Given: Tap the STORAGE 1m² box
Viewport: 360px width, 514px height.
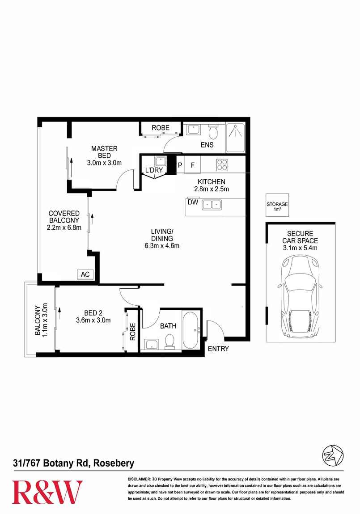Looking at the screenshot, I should pyautogui.click(x=277, y=206).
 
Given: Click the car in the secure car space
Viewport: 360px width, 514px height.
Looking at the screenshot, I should pyautogui.click(x=300, y=297).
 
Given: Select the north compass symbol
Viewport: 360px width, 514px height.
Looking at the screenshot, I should pyautogui.click(x=332, y=455).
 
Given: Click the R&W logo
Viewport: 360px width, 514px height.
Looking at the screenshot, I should pyautogui.click(x=47, y=492).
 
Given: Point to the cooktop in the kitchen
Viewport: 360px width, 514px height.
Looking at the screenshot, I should pyautogui.click(x=222, y=164).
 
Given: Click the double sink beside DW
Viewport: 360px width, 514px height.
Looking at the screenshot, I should pyautogui.click(x=211, y=205).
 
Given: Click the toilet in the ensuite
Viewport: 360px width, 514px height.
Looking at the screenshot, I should pyautogui.click(x=213, y=132).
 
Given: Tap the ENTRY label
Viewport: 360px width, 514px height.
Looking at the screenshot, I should pyautogui.click(x=218, y=349).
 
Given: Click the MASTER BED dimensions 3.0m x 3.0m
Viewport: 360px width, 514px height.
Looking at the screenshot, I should pyautogui.click(x=104, y=163).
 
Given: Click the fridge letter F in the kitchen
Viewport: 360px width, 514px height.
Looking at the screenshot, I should pyautogui.click(x=193, y=165).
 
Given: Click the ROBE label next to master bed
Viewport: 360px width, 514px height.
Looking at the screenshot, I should pyautogui.click(x=161, y=128).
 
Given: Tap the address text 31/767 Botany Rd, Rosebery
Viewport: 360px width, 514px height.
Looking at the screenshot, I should pyautogui.click(x=73, y=463).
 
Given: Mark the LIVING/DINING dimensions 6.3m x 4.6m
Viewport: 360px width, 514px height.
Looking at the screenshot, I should pyautogui.click(x=161, y=245).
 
